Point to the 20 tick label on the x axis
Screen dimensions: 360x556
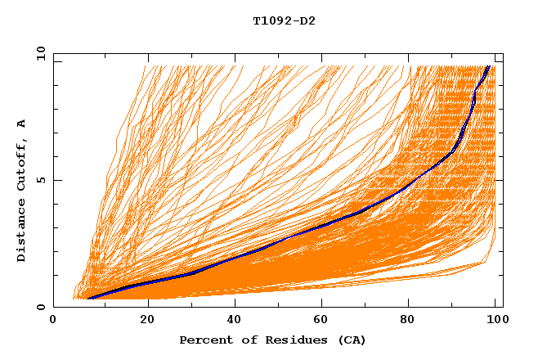(147, 321)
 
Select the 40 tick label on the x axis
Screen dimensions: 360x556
(235, 321)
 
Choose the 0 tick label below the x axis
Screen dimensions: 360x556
(54, 321)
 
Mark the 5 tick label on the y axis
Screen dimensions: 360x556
(40, 180)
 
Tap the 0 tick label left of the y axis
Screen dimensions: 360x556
(40, 307)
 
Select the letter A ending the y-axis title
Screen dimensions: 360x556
(21, 124)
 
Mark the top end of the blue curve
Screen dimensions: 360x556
(489, 66)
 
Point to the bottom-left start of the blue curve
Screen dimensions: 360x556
(88, 298)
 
